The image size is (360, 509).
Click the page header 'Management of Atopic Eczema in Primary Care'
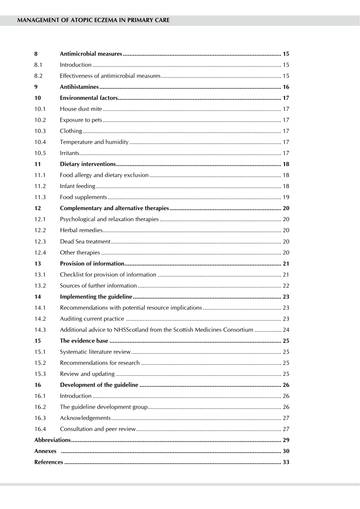pyautogui.click(x=93, y=20)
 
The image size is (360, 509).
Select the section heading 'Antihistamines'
pyautogui.click(x=79, y=87)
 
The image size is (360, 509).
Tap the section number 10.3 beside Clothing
pyautogui.click(x=40, y=131)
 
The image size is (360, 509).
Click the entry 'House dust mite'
pyautogui.click(x=81, y=109)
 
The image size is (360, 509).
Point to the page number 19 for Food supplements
pyautogui.click(x=286, y=197)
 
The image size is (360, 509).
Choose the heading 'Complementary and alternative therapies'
pyautogui.click(x=114, y=208)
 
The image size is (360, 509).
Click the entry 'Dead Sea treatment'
pyautogui.click(x=85, y=242)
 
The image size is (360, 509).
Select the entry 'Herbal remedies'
pyautogui.click(x=81, y=230)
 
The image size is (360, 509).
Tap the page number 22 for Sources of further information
pyautogui.click(x=286, y=286)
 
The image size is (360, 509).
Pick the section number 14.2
pyautogui.click(x=40, y=319)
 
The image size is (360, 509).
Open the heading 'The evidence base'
pyautogui.click(x=84, y=341)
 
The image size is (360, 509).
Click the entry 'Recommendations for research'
pyautogui.click(x=100, y=363)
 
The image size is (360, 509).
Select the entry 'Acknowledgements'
pyautogui.click(x=85, y=418)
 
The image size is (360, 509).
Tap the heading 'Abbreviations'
pyautogui.click(x=52, y=440)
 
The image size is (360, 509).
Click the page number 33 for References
pyautogui.click(x=286, y=462)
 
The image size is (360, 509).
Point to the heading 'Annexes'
pyautogui.click(x=45, y=451)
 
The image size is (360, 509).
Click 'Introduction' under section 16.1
pyautogui.click(x=75, y=396)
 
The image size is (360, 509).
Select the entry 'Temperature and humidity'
pyautogui.click(x=94, y=142)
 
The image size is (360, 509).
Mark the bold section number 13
pyautogui.click(x=38, y=264)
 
